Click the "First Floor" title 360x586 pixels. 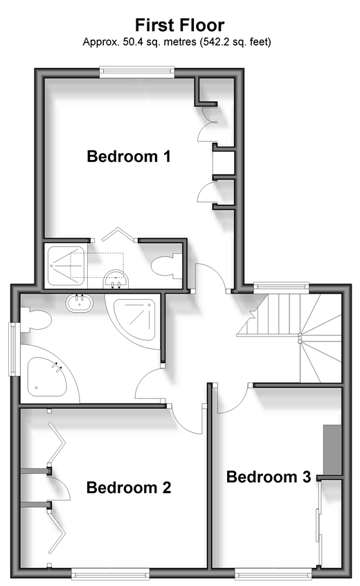[179, 25]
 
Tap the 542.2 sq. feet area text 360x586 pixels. [235, 42]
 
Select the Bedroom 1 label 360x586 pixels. [129, 157]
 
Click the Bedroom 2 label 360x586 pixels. [129, 488]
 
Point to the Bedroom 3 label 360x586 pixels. [269, 477]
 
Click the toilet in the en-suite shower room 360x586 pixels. [166, 266]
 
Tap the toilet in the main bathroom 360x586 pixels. [35, 319]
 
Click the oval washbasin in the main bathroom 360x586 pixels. [80, 303]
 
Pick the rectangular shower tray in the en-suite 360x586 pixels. [66, 266]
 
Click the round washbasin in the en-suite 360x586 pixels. [116, 281]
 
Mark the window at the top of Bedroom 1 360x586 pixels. [137, 72]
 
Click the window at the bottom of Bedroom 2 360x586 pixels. [110, 574]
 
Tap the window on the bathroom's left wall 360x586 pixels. [15, 349]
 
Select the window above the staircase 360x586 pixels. [282, 287]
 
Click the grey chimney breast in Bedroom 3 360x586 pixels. [332, 450]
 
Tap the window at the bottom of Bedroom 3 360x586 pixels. [273, 574]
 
